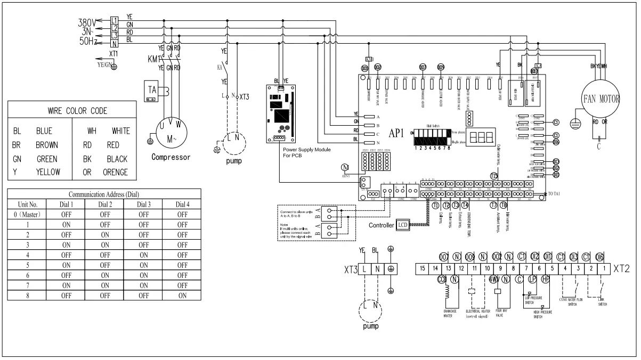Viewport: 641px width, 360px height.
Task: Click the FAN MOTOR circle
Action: tap(601, 99)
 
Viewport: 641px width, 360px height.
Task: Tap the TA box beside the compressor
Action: tap(152, 90)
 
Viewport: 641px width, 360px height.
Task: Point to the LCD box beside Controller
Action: tap(402, 225)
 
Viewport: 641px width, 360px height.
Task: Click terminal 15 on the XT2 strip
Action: tap(422, 268)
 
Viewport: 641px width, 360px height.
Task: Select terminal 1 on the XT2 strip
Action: tap(603, 268)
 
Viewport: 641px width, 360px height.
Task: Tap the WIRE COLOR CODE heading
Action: tap(78, 111)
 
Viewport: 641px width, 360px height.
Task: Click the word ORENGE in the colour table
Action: tap(116, 172)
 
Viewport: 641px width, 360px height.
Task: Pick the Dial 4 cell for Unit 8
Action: tap(182, 295)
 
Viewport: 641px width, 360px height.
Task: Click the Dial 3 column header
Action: tap(143, 204)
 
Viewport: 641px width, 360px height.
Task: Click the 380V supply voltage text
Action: tap(86, 23)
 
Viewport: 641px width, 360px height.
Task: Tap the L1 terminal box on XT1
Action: tap(114, 20)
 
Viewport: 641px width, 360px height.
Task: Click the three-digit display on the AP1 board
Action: tap(481, 137)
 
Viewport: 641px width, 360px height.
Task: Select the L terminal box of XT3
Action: tap(363, 268)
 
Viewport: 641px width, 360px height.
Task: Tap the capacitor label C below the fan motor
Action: tap(599, 146)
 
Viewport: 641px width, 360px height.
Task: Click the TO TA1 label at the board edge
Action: tap(558, 193)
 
